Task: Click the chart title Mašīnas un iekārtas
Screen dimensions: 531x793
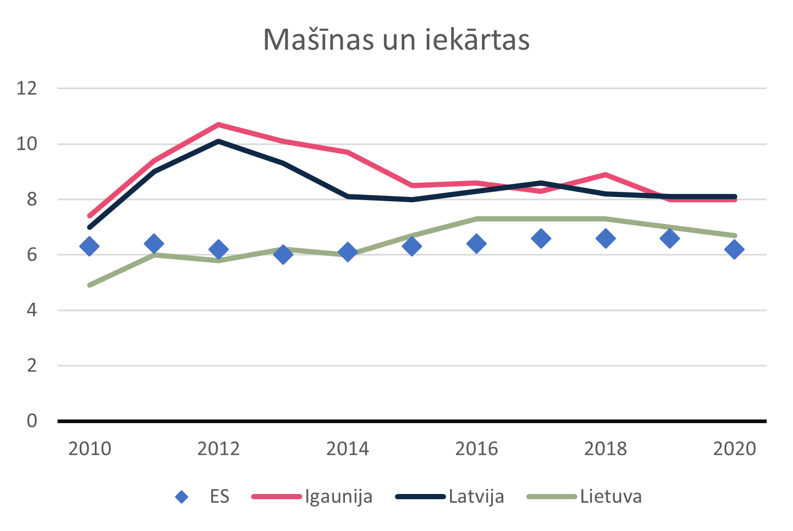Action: [x=396, y=40]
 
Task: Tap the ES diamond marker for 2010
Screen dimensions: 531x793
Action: [x=89, y=246]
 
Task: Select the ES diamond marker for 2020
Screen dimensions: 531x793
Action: [x=734, y=249]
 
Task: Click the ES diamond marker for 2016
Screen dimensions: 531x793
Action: [x=476, y=243]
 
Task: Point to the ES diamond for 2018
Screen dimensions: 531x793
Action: [x=605, y=238]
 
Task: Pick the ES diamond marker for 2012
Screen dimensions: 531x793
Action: [x=218, y=249]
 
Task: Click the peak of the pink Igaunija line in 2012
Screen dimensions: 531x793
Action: [x=218, y=125]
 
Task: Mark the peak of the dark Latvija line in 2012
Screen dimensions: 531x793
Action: [x=218, y=141]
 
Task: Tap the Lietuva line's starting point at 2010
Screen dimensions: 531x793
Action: [x=90, y=285]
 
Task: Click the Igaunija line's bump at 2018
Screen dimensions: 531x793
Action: [x=605, y=175]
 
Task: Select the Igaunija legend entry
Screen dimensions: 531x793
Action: [x=313, y=496]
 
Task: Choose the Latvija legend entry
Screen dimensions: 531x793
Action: [x=450, y=496]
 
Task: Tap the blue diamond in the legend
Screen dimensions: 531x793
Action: [x=181, y=497]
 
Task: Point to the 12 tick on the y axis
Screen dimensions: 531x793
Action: [x=27, y=88]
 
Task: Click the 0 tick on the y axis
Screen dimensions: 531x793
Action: [x=32, y=421]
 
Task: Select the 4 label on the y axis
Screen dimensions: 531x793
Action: [x=32, y=310]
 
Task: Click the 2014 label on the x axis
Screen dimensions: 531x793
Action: [x=348, y=449]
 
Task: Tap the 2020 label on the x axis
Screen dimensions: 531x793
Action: [x=734, y=449]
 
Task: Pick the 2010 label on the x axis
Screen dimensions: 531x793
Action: [x=90, y=449]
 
